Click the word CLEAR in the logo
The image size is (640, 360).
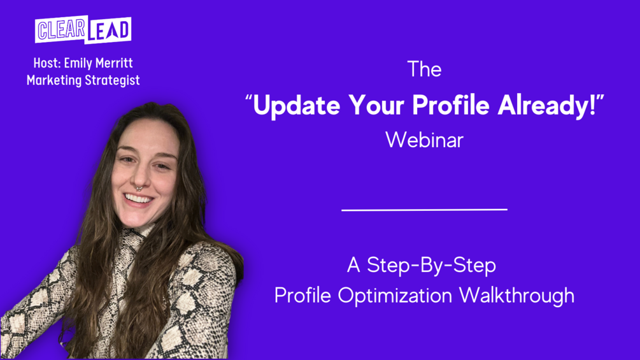pyautogui.click(x=61, y=29)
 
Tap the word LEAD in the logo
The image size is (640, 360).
pyautogui.click(x=109, y=30)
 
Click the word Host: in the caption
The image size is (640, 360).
pyautogui.click(x=47, y=63)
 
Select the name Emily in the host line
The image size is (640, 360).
pyautogui.click(x=78, y=64)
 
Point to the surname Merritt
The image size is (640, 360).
pyautogui.click(x=114, y=63)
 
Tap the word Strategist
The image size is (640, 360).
pyautogui.click(x=112, y=80)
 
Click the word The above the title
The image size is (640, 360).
pyautogui.click(x=425, y=69)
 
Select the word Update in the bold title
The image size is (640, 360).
pyautogui.click(x=296, y=105)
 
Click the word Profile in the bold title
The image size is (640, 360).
pyautogui.click(x=451, y=105)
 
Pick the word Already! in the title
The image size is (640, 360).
pyautogui.click(x=547, y=105)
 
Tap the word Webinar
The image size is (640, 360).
pyautogui.click(x=425, y=140)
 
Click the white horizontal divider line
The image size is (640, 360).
pyautogui.click(x=425, y=210)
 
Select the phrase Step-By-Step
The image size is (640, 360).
pyautogui.click(x=431, y=266)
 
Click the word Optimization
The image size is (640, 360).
pyautogui.click(x=395, y=296)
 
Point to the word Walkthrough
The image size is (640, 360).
pyautogui.click(x=516, y=296)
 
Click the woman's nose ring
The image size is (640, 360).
pyautogui.click(x=139, y=188)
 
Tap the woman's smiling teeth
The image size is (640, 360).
pyautogui.click(x=138, y=199)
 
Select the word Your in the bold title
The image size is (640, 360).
pyautogui.click(x=376, y=105)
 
